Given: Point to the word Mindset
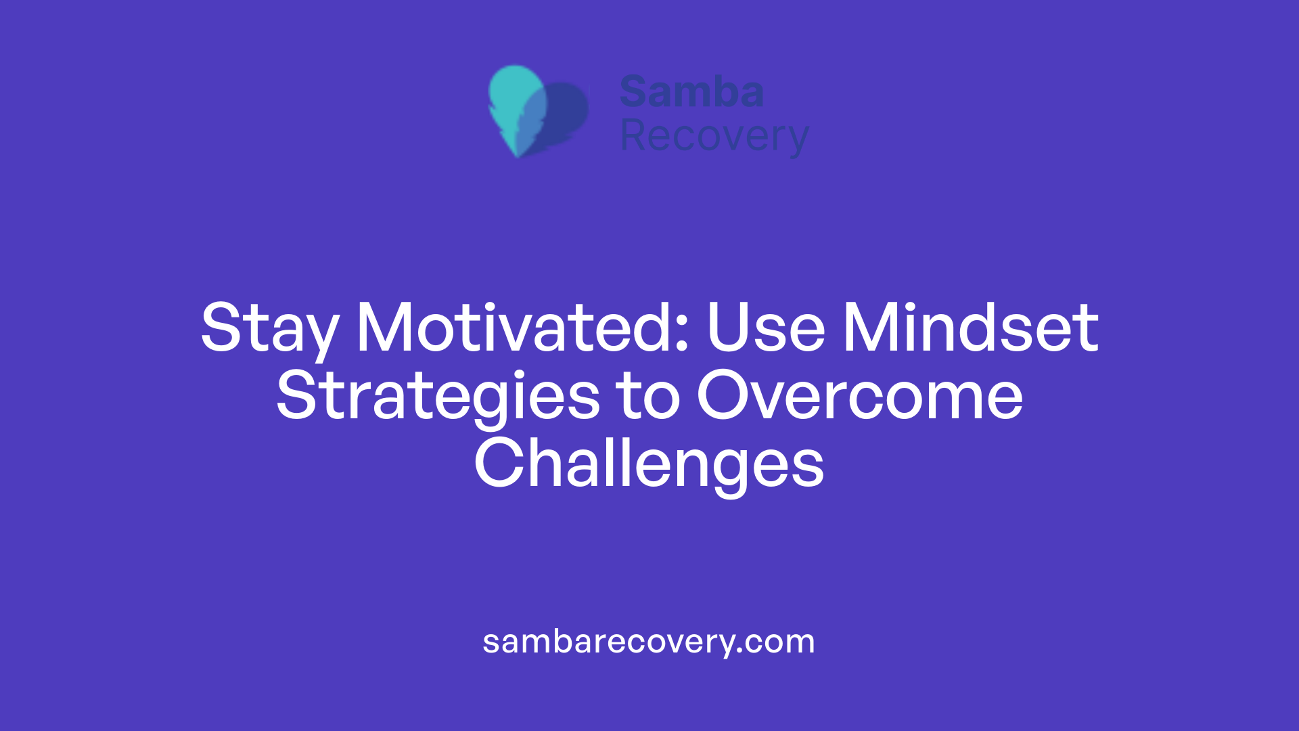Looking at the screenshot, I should coord(970,328).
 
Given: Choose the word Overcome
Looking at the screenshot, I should coord(859,396).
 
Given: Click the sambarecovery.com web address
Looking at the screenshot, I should coord(649,642).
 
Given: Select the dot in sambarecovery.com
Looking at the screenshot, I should coord(739,650).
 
